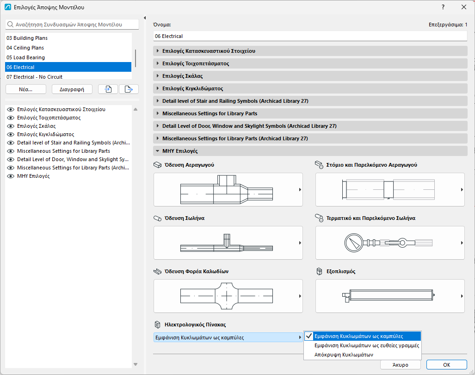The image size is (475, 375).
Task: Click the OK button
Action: [x=446, y=365]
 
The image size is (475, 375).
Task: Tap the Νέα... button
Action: [x=26, y=89]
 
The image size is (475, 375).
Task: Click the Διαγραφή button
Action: [x=72, y=89]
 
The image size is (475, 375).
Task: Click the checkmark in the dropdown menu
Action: [x=308, y=336]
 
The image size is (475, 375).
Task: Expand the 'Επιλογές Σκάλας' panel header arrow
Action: [x=158, y=76]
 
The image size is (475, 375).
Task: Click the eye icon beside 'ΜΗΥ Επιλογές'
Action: [x=11, y=176]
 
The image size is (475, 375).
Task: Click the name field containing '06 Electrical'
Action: [x=310, y=36]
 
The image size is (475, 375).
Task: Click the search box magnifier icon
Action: [x=10, y=25]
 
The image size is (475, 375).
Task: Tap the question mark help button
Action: [x=443, y=7]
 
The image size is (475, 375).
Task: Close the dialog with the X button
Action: [x=463, y=7]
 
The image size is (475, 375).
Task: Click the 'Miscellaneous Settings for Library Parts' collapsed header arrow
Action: [x=158, y=113]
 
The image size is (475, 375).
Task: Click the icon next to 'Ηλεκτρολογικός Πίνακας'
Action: [x=158, y=325]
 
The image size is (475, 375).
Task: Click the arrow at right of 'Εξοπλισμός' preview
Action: [x=462, y=296]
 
